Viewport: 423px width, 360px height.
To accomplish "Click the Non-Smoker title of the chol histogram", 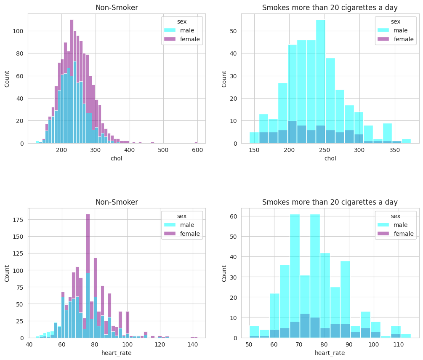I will tap(117, 7).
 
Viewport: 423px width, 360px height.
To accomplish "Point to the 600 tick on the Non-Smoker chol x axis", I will tap(197, 150).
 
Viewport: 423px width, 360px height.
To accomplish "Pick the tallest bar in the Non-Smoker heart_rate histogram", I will tap(88, 276).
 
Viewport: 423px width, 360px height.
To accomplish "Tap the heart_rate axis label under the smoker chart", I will tap(330, 353).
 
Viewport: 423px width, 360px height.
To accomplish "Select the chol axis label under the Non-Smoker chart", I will tap(117, 158).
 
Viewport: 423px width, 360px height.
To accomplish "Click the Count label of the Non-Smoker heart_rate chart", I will tap(7, 273).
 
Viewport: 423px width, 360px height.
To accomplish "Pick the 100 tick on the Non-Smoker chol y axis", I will tap(19, 31).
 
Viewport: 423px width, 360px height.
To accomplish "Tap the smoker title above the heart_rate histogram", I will tap(330, 202).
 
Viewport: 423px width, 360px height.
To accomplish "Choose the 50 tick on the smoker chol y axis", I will tap(233, 31).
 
